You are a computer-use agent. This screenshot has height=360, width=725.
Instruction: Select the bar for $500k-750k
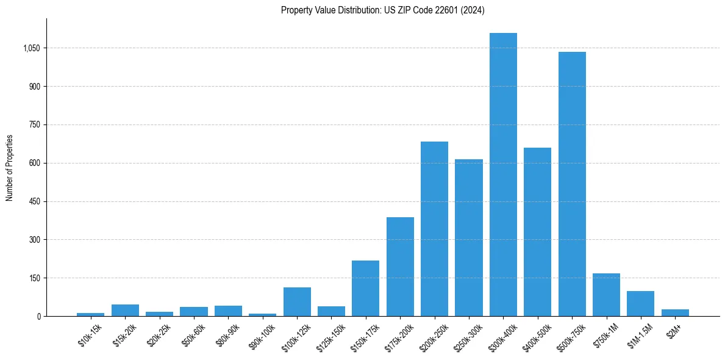point(572,184)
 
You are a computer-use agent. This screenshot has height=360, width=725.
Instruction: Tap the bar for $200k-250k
point(434,229)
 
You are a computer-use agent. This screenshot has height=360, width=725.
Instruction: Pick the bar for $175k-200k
point(400,267)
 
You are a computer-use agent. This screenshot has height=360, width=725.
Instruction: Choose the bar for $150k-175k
point(365,288)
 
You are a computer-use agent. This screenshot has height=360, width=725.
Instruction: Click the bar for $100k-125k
point(297,301)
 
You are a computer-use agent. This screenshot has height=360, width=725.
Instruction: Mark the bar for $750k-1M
point(606,295)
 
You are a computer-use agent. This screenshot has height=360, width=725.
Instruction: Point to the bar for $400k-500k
point(537,232)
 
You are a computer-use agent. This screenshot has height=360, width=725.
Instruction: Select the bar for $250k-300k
point(468,237)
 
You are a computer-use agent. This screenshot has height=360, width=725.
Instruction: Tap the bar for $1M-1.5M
point(640,303)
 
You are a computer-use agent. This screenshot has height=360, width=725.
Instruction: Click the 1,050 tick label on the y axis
point(30,48)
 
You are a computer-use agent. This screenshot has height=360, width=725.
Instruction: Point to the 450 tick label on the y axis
point(34,201)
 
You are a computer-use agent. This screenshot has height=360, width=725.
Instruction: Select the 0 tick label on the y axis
point(38,316)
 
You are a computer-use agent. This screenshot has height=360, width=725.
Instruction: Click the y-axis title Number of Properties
point(10,167)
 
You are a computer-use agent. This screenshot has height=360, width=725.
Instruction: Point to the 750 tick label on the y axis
point(34,124)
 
